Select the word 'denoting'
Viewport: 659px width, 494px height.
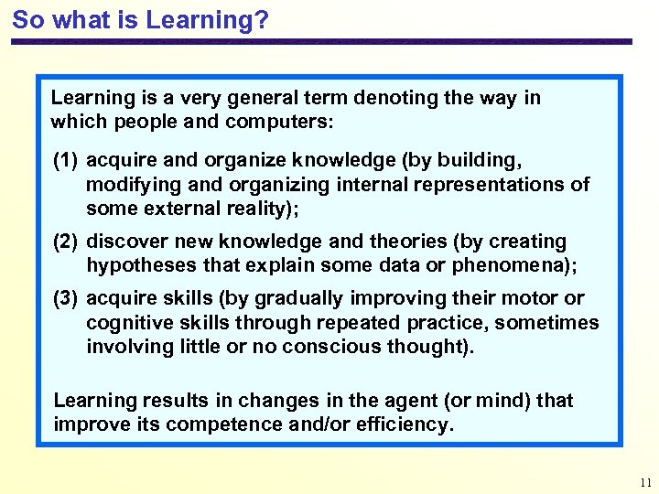tap(396, 98)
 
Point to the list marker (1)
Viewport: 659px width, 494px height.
tap(66, 160)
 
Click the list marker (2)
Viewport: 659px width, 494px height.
tap(66, 242)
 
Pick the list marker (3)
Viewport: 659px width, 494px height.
tap(66, 298)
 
